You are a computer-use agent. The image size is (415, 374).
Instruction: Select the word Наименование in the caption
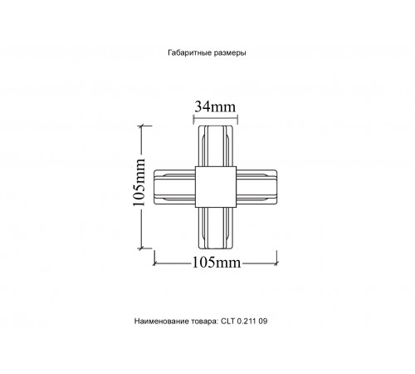(x=161, y=320)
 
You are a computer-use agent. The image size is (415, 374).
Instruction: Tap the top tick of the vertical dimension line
(x=144, y=125)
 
